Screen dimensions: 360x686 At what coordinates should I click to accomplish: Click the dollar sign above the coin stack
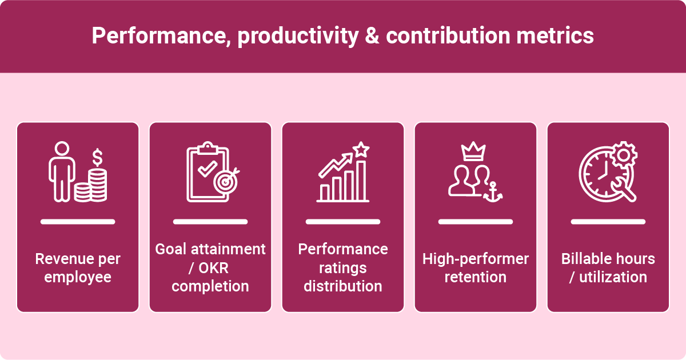[x=98, y=155]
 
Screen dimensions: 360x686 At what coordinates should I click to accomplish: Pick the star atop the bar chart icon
[x=361, y=149]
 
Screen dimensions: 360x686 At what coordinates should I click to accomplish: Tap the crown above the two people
[x=474, y=152]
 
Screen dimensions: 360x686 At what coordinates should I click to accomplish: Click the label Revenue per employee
[x=78, y=268]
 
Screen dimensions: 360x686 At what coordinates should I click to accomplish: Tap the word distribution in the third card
[x=343, y=286]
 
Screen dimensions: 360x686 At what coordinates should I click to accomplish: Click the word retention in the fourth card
[x=476, y=277]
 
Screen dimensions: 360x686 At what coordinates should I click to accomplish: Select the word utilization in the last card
[x=613, y=277]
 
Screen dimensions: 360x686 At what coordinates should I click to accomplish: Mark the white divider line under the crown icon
[x=476, y=221]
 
